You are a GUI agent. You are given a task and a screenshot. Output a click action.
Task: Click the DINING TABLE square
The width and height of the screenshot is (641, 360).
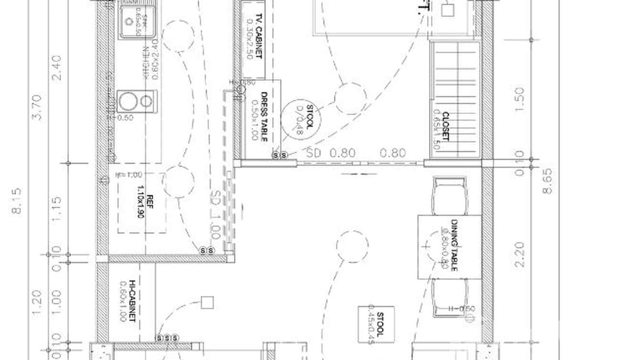tap(449, 247)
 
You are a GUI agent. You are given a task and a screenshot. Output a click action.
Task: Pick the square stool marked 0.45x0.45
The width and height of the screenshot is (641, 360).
tap(376, 324)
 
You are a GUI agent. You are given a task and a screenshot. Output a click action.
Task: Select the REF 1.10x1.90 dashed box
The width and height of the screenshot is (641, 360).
tap(142, 203)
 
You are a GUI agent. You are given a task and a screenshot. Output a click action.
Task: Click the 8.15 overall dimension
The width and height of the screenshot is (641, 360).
tap(17, 201)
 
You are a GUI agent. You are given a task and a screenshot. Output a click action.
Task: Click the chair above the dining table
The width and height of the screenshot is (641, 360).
tap(449, 196)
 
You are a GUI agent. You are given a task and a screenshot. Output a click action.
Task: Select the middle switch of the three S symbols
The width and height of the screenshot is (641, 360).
tap(167, 338)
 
